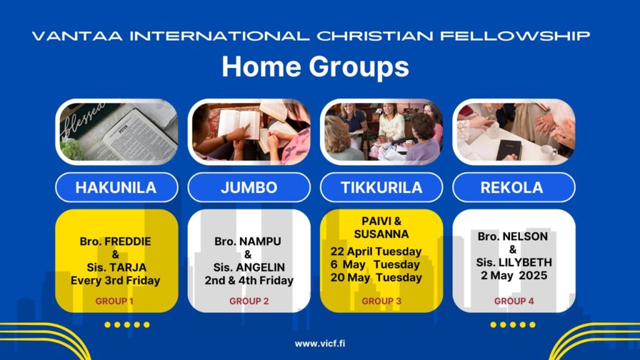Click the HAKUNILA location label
coord(116,187)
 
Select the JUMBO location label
coord(249,187)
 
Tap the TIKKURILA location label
coord(382,187)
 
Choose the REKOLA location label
coord(512,187)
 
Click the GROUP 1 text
coord(114,301)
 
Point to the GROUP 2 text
coord(249,301)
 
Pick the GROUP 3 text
coord(382,301)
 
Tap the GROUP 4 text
coord(514,301)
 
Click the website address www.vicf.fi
coord(320,344)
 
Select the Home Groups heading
coord(316,66)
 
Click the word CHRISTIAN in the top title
coord(375,36)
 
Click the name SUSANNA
coord(381,234)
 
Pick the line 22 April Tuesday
coord(376,251)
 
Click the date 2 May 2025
coord(514,276)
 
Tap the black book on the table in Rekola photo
coord(509,149)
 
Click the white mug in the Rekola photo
coord(549,152)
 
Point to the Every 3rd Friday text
coord(115,281)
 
